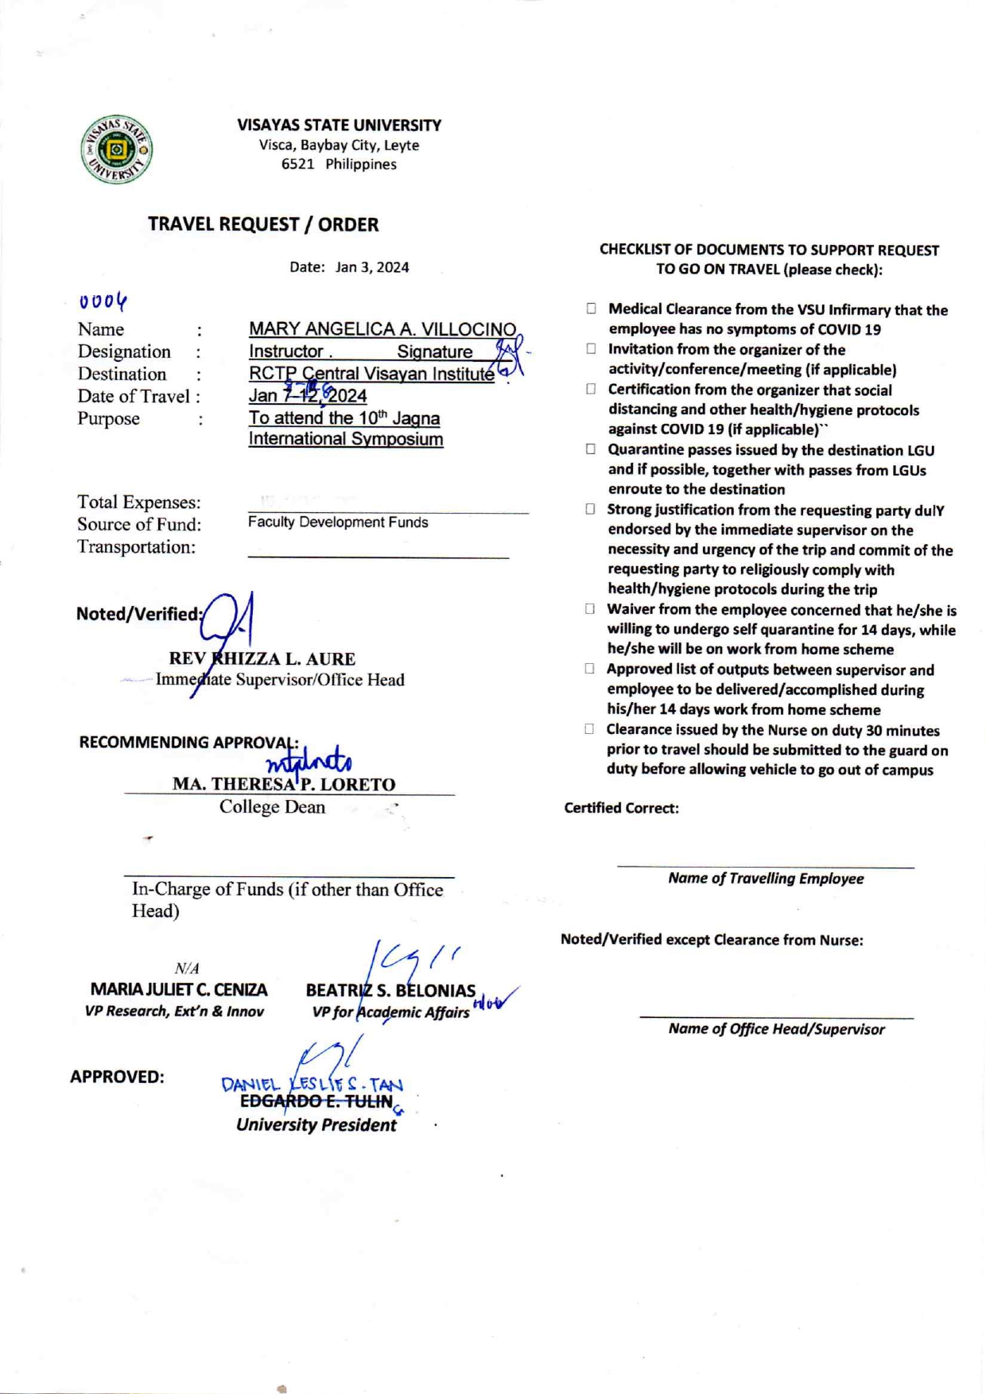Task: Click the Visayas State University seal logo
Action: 116,149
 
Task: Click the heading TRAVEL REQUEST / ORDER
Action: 263,224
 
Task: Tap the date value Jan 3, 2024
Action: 372,267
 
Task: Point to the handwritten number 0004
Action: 103,301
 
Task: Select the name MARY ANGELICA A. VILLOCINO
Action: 382,329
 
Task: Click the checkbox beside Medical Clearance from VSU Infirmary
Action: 591,309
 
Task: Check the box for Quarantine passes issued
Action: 591,449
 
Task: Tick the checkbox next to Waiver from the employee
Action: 590,609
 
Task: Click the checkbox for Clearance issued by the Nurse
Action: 590,729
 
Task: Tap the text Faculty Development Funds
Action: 338,522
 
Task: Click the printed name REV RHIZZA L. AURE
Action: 262,659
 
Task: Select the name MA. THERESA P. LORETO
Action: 284,784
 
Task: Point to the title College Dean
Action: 272,807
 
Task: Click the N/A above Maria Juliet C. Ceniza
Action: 187,969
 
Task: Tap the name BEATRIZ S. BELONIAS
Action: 390,991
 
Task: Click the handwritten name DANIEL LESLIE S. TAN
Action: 312,1084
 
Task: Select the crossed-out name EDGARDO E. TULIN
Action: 316,1101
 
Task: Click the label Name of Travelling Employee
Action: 766,879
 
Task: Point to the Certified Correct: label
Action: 621,808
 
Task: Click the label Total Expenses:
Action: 139,503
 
